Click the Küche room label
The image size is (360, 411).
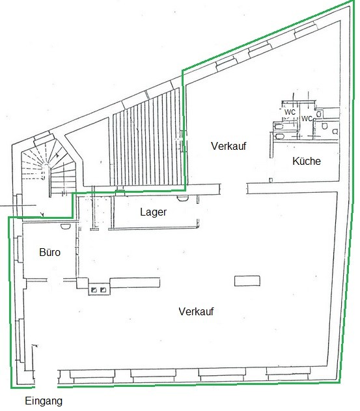coord(306,161)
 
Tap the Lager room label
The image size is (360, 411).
coord(153,212)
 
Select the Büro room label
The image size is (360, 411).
coord(49,252)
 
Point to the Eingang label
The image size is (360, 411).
coord(44,401)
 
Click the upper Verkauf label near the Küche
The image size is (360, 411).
coord(228,146)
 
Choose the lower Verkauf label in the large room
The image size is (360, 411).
coord(196,311)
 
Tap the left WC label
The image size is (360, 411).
coord(290,112)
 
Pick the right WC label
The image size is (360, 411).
coord(307,119)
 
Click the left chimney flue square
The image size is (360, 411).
coord(94,290)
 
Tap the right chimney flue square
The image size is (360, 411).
coord(104,290)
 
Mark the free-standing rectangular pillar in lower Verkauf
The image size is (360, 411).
coord(247,281)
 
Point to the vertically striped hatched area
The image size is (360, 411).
coord(148,139)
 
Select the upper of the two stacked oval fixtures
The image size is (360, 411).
coord(279,127)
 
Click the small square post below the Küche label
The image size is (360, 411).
coord(271,180)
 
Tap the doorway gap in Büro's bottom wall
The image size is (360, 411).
coord(55,280)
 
